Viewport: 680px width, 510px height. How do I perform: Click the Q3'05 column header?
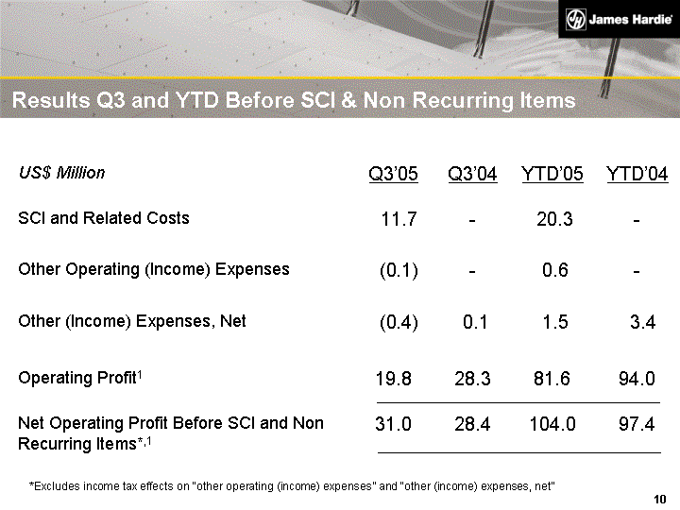[x=394, y=175]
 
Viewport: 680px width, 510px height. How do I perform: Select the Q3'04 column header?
[x=472, y=175]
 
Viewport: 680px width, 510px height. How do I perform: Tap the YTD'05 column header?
[x=552, y=175]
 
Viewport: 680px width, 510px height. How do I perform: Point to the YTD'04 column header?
[x=637, y=175]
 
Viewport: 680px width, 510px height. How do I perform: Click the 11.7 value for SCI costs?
[x=399, y=220]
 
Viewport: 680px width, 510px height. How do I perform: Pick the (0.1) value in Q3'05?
[x=399, y=271]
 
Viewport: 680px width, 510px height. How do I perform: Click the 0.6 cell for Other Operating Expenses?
[x=555, y=271]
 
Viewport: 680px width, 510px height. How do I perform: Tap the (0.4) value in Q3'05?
[x=399, y=323]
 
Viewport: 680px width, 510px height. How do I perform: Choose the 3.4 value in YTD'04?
[x=641, y=323]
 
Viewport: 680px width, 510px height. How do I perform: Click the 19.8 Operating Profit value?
[x=394, y=380]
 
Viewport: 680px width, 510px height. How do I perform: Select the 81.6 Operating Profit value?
[x=552, y=380]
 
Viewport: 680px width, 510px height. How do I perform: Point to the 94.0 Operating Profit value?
[x=637, y=380]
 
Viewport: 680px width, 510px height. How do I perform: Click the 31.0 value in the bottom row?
[x=394, y=425]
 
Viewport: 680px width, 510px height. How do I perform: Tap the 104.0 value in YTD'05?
[x=552, y=425]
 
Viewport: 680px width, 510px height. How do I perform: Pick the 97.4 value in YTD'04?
[x=637, y=425]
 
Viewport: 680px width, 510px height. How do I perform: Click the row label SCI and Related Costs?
[x=104, y=218]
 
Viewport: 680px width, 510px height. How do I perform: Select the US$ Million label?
[x=61, y=173]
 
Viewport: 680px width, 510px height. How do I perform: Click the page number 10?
[x=660, y=498]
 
